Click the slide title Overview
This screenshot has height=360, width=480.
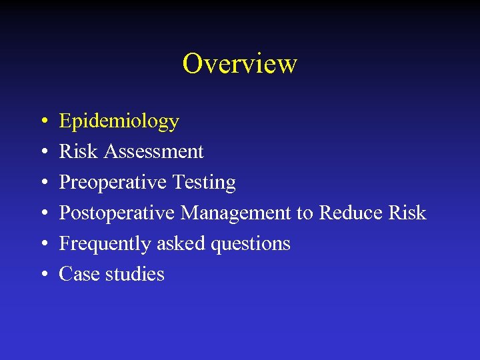[x=239, y=64]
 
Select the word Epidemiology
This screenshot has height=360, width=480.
[x=119, y=121]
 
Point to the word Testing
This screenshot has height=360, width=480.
[x=204, y=183]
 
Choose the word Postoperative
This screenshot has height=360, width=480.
[x=117, y=213]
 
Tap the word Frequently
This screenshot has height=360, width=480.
[x=105, y=244]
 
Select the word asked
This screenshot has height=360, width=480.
[x=181, y=244]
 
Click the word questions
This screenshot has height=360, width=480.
[x=250, y=244]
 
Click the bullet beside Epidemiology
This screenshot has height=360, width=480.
[x=42, y=122]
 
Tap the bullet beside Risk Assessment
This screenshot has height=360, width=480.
[x=42, y=153]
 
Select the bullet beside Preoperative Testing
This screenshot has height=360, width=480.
[x=42, y=183]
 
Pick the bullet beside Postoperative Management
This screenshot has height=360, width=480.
[x=42, y=214]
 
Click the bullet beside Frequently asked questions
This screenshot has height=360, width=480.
[x=42, y=245]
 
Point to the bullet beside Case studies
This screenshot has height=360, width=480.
[x=42, y=275]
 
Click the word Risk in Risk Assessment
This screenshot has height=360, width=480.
[x=78, y=152]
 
